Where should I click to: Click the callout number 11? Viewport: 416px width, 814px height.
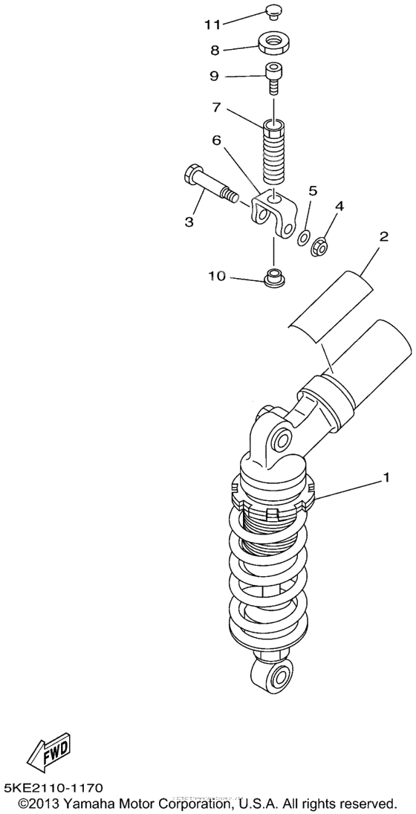point(213,25)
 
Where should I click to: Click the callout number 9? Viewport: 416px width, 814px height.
point(214,75)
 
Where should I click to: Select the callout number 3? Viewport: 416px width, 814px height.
point(189,222)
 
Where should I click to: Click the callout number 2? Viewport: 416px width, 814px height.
point(383,238)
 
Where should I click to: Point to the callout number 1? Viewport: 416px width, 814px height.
point(386,479)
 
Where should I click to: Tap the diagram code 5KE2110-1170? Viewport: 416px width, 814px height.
point(53,787)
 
